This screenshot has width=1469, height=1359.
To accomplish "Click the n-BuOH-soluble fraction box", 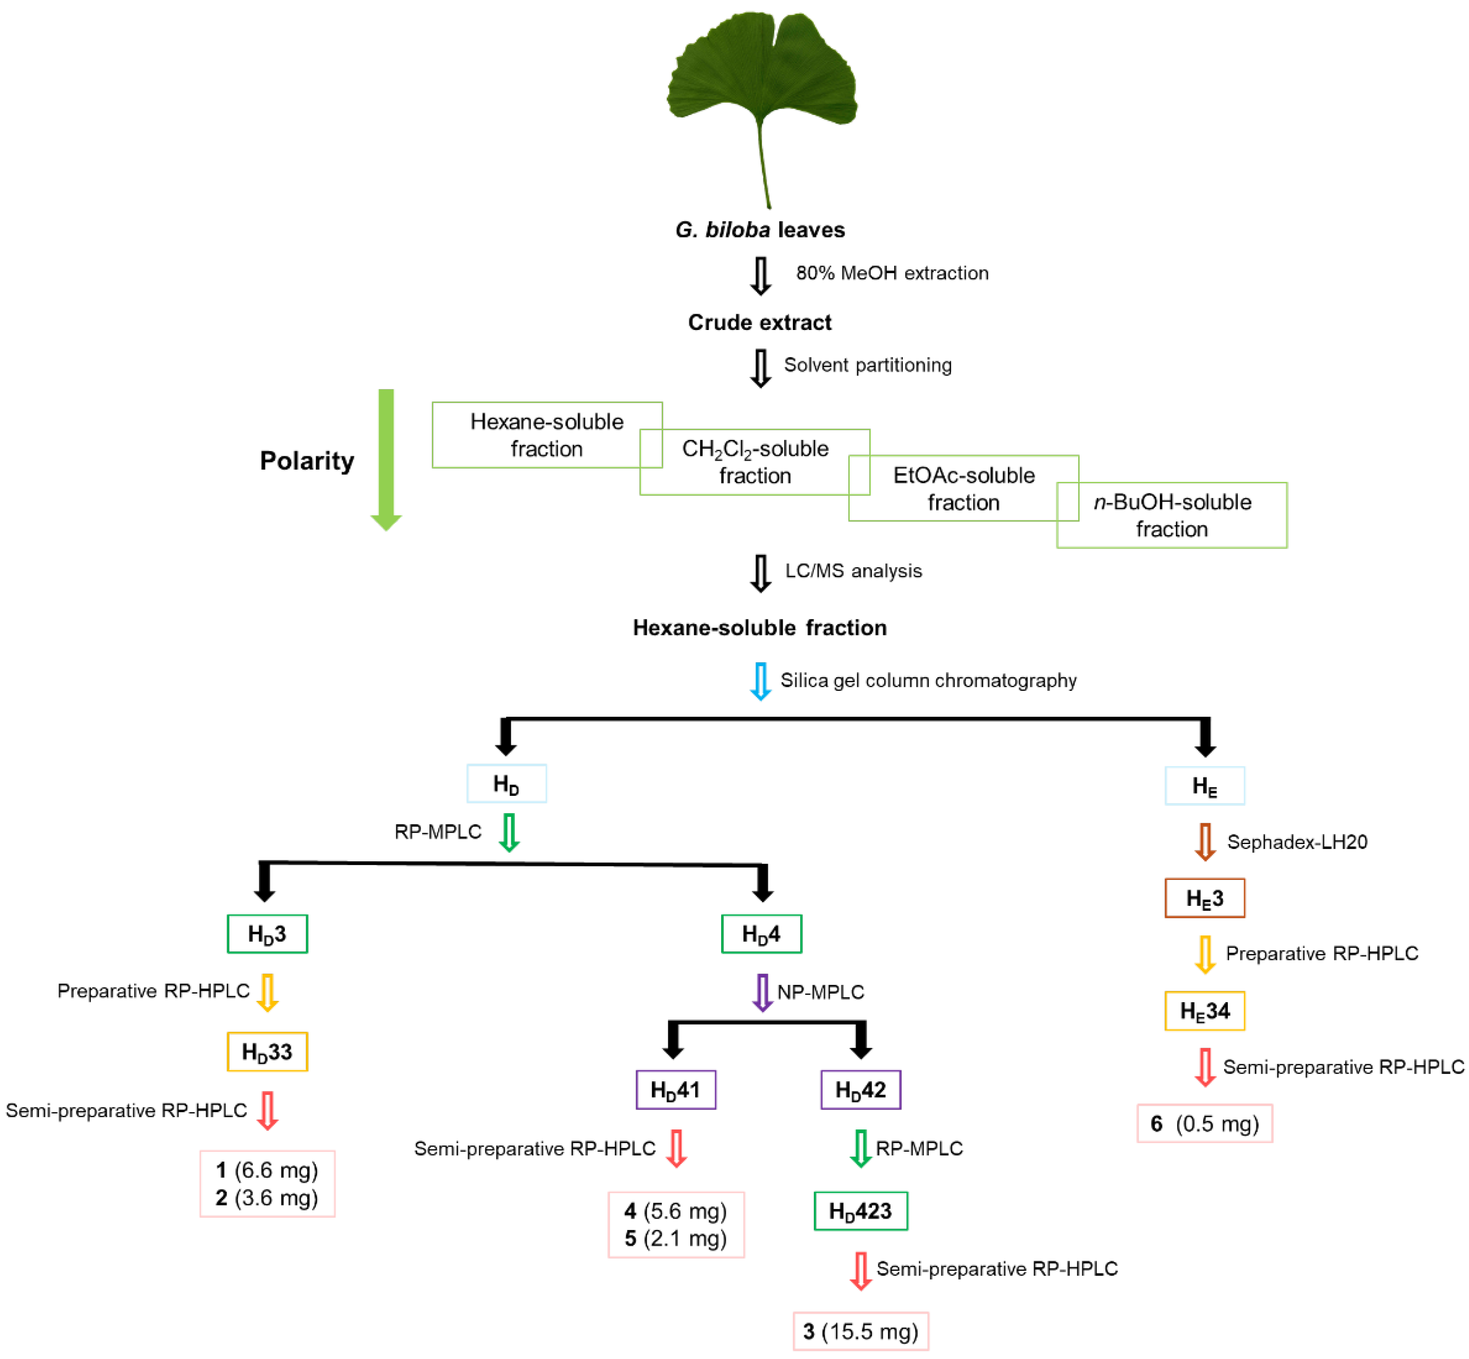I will coord(1171,515).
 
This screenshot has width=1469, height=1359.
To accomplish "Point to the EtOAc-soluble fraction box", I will coord(963,488).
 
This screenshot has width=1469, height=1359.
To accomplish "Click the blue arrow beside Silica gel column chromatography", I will coord(760,680).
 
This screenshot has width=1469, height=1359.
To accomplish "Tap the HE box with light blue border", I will coord(1204,785).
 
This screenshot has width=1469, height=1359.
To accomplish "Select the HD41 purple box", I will coord(675,1089).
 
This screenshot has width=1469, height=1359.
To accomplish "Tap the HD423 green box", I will coord(860,1210).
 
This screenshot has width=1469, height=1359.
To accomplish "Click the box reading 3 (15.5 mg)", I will coord(860,1331).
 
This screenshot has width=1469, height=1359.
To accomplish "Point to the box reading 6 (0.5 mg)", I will coord(1204,1123).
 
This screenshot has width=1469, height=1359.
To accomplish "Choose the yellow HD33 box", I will coord(267,1052).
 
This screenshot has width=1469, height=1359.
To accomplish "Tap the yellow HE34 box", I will coord(1204,1010).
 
